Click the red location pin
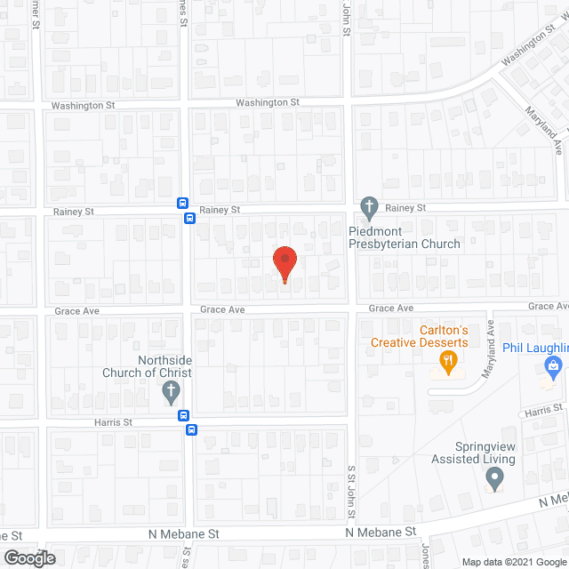point(284,264)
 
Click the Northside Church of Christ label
point(159,366)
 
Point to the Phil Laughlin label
point(534,347)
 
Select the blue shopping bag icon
point(553,365)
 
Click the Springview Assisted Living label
point(473,453)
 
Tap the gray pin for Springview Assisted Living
point(494,479)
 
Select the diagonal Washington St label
point(527,51)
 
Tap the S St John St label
point(351,496)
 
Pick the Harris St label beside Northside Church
point(115,423)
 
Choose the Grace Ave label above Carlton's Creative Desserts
point(392,308)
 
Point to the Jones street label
point(426,556)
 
